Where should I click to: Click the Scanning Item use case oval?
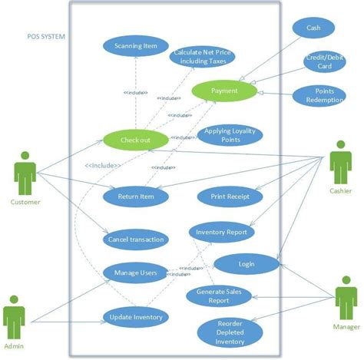click(x=135, y=45)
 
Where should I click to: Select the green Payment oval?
click(x=223, y=91)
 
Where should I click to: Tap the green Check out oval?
click(x=135, y=140)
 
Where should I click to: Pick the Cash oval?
click(x=313, y=28)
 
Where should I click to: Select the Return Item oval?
click(x=136, y=196)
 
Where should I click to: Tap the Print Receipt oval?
click(x=228, y=197)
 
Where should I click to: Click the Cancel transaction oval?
click(x=136, y=239)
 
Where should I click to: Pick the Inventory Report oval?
click(x=221, y=231)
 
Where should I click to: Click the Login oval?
click(x=246, y=264)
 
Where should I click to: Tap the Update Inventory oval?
click(x=135, y=315)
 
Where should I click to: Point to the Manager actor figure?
click(x=345, y=296)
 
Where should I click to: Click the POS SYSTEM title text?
click(x=44, y=36)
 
